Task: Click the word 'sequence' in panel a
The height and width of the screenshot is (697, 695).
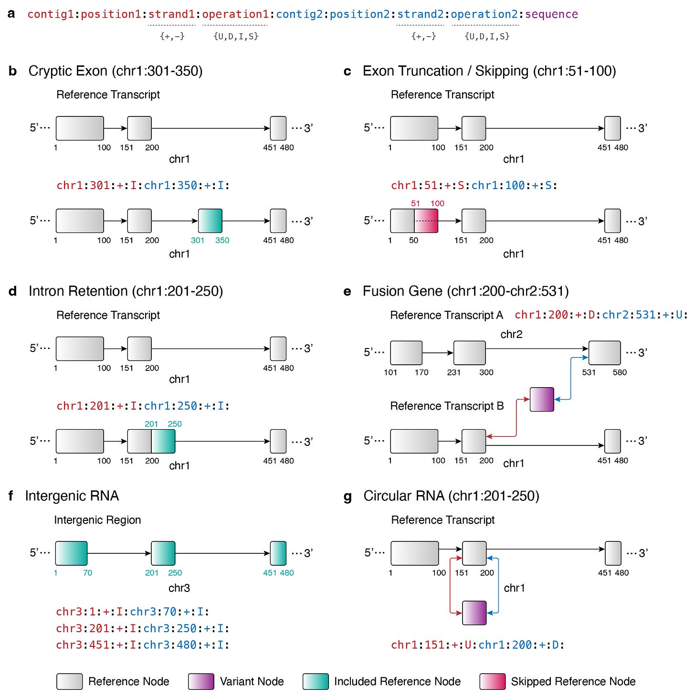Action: pyautogui.click(x=551, y=14)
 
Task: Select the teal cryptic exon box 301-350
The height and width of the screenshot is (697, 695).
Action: pyautogui.click(x=210, y=221)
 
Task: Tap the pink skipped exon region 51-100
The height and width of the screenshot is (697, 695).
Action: pyautogui.click(x=426, y=221)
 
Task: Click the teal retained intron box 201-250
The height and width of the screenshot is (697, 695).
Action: pyautogui.click(x=163, y=441)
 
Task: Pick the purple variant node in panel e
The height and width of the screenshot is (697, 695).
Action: pyautogui.click(x=542, y=400)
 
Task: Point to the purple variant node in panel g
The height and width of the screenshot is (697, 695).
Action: pyautogui.click(x=474, y=613)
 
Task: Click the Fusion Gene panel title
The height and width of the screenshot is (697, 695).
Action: pyautogui.click(x=465, y=291)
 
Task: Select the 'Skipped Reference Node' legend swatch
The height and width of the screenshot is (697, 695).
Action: pyautogui.click(x=492, y=682)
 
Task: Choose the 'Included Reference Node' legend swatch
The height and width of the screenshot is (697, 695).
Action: pyautogui.click(x=316, y=682)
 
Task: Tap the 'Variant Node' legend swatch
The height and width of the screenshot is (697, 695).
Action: pyautogui.click(x=201, y=682)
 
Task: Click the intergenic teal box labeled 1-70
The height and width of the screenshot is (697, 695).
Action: pyautogui.click(x=71, y=553)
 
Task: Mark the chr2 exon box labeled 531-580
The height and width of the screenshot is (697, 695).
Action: pyautogui.click(x=604, y=353)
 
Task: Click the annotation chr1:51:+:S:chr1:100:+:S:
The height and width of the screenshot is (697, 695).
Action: pyautogui.click(x=474, y=185)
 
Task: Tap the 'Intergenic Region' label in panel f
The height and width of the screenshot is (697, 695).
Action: pyautogui.click(x=97, y=520)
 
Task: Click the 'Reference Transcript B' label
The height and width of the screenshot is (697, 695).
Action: pyautogui.click(x=447, y=406)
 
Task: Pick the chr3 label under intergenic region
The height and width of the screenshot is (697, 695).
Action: pyautogui.click(x=179, y=588)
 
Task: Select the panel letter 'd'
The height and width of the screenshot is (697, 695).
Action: pyautogui.click(x=13, y=291)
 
